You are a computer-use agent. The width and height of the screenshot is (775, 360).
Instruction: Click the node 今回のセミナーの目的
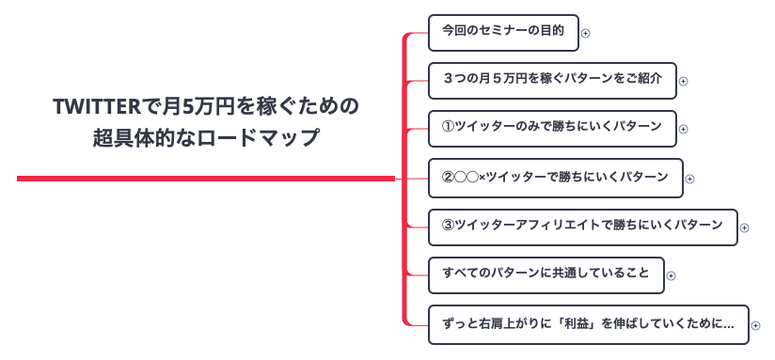tap(502, 32)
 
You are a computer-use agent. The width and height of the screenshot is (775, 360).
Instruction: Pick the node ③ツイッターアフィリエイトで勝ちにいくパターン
tap(582, 227)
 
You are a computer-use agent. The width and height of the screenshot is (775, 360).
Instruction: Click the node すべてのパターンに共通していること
tap(546, 274)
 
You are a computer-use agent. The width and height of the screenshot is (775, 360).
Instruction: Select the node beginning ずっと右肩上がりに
tap(588, 323)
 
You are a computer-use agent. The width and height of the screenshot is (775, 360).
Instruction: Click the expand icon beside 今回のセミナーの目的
tap(585, 33)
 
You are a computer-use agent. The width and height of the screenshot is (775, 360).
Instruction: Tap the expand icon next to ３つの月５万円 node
tap(684, 81)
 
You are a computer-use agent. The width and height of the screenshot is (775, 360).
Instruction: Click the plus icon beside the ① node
tap(684, 130)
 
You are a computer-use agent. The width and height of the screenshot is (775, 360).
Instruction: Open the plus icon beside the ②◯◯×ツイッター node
tap(689, 179)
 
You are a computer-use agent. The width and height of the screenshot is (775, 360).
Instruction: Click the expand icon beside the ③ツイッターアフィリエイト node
tap(745, 227)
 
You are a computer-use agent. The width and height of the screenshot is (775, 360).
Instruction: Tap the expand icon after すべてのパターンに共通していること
tap(672, 276)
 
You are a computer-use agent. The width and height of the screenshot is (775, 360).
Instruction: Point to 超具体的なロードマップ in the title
tap(206, 137)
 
